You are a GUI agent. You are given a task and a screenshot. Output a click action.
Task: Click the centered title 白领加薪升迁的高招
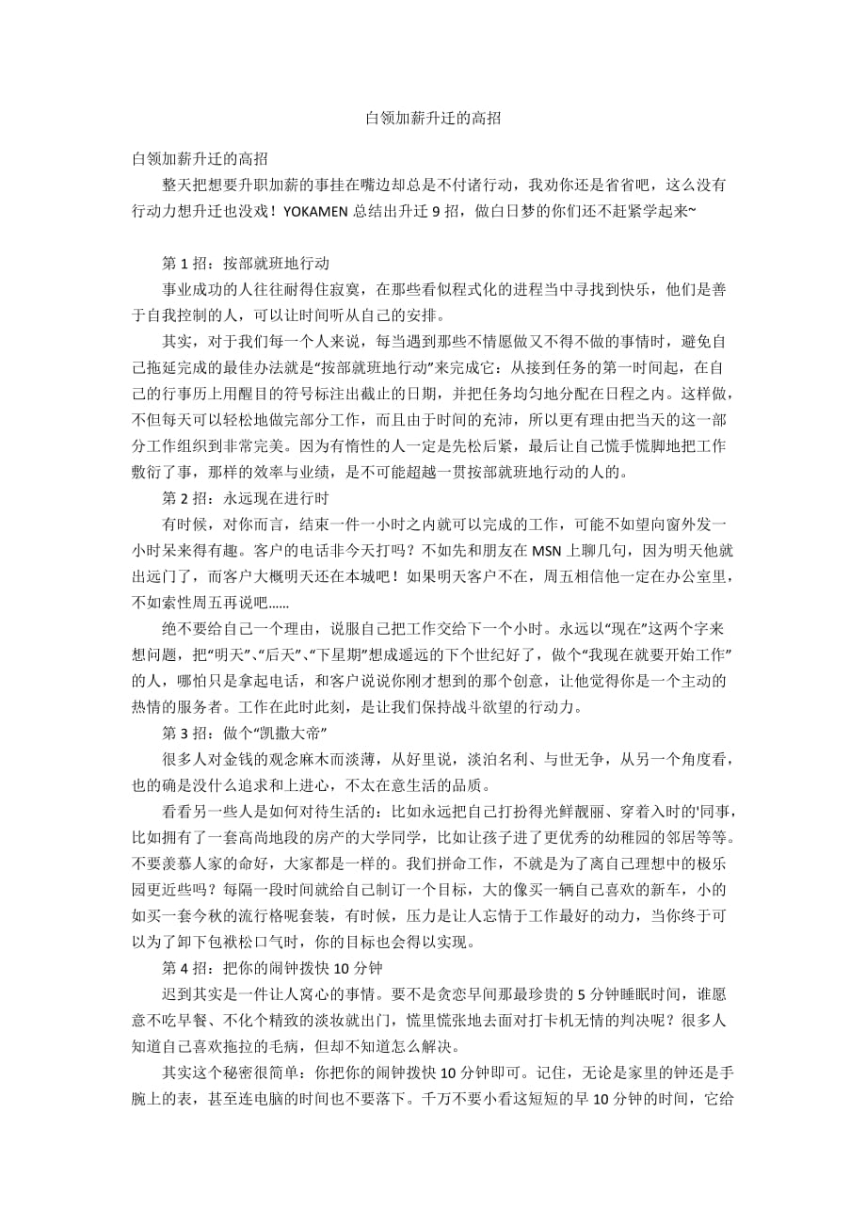pyautogui.click(x=432, y=119)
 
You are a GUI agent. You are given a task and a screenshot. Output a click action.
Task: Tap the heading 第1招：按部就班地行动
pyautogui.click(x=246, y=263)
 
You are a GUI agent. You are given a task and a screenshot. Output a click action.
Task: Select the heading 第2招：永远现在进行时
pyautogui.click(x=246, y=497)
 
